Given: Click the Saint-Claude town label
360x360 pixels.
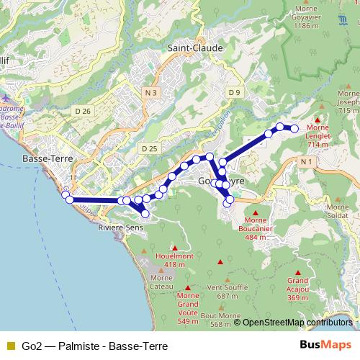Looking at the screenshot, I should pyautogui.click(x=195, y=48).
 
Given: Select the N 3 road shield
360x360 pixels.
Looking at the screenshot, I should pyautogui.click(x=150, y=93).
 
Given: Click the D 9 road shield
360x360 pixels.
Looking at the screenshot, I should pyautogui.click(x=234, y=92).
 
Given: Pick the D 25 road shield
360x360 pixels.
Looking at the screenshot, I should pyautogui.click(x=149, y=148).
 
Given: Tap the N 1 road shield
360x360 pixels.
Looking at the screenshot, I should pyautogui.click(x=307, y=163).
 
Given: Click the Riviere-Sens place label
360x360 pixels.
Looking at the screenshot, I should pyautogui.click(x=120, y=228).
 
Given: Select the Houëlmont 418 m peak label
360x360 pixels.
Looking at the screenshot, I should pyautogui.click(x=174, y=259).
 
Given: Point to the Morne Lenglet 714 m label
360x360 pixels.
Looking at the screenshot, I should pyautogui.click(x=318, y=136).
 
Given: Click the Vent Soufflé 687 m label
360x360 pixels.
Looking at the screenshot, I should pyautogui.click(x=222, y=291).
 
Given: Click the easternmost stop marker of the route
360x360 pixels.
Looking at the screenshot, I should pyautogui.click(x=294, y=129).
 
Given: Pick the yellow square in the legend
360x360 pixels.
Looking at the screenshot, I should pyautogui.click(x=10, y=346).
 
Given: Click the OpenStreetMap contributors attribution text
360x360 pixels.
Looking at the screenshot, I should pyautogui.click(x=297, y=323).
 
